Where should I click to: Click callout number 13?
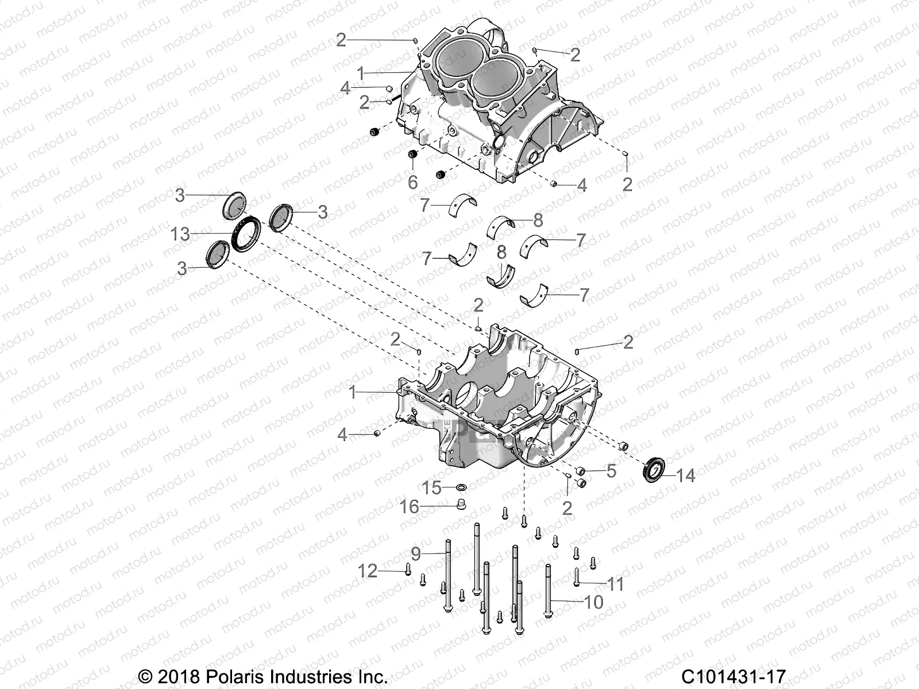(180, 234)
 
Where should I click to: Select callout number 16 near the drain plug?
(410, 507)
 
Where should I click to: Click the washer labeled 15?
(461, 487)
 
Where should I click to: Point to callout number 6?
(412, 182)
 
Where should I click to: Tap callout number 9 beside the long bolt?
(416, 554)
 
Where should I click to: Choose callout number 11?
(615, 585)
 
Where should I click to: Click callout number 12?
(384, 571)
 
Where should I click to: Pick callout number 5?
(611, 471)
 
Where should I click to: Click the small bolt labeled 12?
(407, 570)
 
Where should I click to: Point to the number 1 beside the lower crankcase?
(353, 393)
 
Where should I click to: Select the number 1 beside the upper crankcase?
(361, 73)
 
